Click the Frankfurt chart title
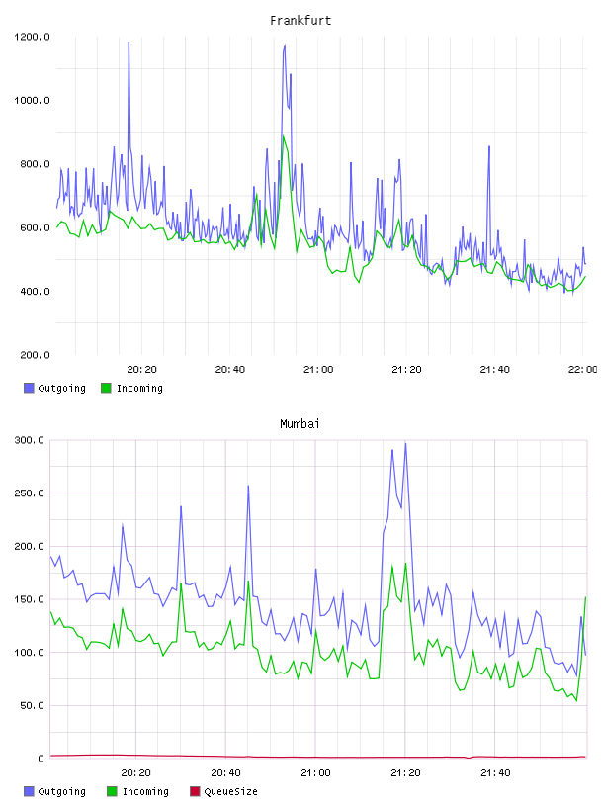click(300, 21)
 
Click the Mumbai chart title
click(300, 424)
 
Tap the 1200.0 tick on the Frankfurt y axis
click(32, 37)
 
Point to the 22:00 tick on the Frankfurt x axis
click(582, 370)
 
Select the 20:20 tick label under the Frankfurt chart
click(142, 370)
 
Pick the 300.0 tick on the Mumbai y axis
click(29, 440)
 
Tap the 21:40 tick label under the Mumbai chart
click(495, 773)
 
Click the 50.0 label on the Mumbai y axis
click(32, 705)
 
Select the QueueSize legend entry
click(223, 791)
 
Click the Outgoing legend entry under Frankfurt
click(55, 388)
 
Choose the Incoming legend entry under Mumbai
click(138, 791)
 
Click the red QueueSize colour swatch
click(195, 791)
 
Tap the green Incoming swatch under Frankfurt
click(106, 388)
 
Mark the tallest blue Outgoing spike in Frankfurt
click(129, 43)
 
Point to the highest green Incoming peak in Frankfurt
click(283, 136)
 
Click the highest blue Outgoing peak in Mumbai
click(405, 444)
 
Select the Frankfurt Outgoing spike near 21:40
click(489, 147)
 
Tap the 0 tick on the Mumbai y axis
click(41, 759)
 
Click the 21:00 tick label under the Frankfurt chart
click(318, 370)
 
